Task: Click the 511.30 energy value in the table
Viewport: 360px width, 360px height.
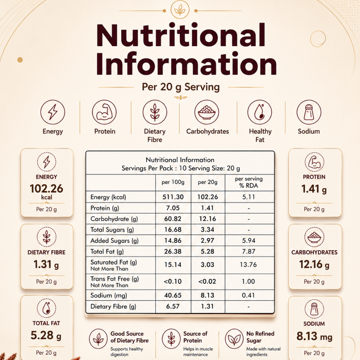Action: pos(173,197)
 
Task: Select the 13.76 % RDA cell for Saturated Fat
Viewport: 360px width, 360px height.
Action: pos(248,265)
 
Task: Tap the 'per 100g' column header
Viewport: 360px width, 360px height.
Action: pos(173,182)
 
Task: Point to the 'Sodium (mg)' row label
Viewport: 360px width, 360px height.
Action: pos(109,296)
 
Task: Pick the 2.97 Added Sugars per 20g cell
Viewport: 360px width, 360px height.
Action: pos(207,240)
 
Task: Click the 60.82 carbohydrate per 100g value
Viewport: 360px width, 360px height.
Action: pos(173,219)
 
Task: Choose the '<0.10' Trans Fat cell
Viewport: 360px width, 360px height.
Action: pos(172,282)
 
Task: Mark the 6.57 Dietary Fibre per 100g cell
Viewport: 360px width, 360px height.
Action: pos(173,306)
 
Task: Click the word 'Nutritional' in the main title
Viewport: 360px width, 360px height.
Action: pos(181,35)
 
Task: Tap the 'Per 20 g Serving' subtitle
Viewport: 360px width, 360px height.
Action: pos(181,87)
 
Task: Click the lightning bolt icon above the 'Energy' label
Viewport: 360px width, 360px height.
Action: pos(53,112)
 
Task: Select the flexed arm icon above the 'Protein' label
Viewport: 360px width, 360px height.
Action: pos(104,112)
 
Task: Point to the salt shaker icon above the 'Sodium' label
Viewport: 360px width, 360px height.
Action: pos(309,112)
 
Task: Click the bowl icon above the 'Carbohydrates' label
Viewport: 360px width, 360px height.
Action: pos(207,112)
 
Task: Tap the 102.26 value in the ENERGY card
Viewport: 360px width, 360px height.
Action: pos(46,189)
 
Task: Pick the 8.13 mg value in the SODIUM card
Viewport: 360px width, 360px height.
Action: pos(314,336)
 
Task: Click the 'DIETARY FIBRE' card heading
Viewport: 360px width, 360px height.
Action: pos(46,252)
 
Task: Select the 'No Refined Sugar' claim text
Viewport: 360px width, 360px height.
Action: pos(260,337)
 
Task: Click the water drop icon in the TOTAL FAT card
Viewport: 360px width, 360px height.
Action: pos(46,308)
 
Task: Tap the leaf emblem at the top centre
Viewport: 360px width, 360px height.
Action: pos(180,10)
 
